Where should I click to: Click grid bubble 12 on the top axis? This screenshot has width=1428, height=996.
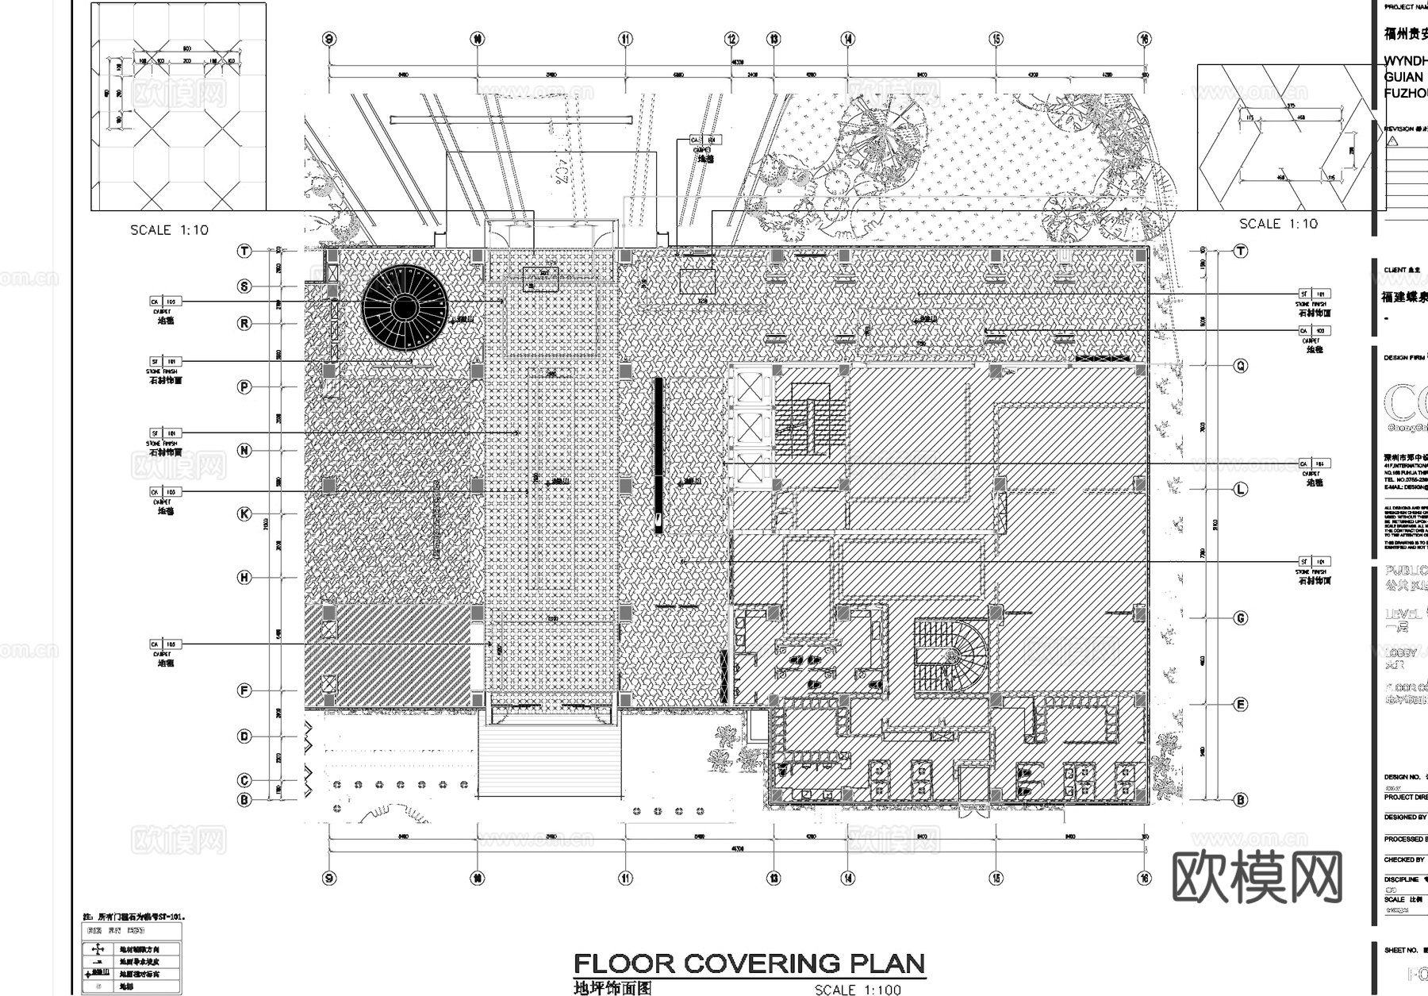[731, 39]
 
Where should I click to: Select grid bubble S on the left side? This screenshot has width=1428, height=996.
[244, 286]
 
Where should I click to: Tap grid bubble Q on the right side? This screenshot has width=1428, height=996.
[1241, 366]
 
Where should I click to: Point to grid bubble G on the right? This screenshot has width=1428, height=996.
[1241, 617]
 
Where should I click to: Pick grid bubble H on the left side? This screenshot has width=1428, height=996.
[244, 578]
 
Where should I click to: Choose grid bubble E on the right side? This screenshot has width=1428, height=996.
[1241, 704]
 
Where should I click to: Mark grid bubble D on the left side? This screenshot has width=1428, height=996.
[244, 736]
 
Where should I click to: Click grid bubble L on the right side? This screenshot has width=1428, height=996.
[1241, 489]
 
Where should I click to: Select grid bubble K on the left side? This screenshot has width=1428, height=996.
[244, 514]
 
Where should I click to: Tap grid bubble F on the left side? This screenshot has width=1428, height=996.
[244, 690]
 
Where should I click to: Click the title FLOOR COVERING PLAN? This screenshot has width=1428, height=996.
[749, 963]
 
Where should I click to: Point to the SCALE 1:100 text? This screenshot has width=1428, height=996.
[858, 990]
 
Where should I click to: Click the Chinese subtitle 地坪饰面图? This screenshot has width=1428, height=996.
[612, 988]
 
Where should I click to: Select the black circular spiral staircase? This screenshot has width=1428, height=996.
[405, 307]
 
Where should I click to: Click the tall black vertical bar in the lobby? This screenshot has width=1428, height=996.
[658, 453]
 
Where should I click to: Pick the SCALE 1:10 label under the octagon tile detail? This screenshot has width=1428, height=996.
[169, 230]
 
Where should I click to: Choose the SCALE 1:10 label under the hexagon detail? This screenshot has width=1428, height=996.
[1278, 224]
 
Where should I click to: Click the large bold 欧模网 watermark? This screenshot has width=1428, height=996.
[1257, 877]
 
